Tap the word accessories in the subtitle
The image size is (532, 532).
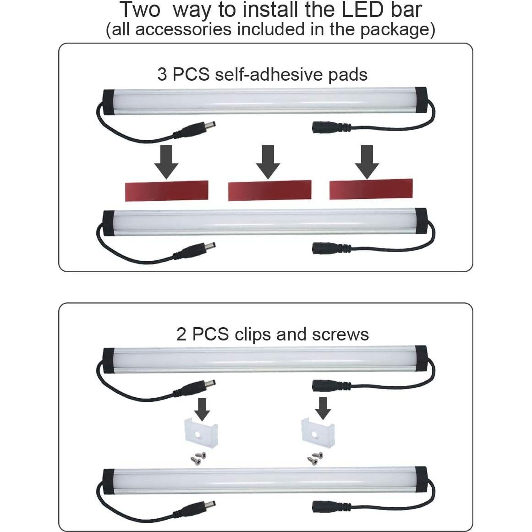(183, 29)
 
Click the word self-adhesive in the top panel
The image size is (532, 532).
(269, 74)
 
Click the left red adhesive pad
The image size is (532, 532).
(167, 191)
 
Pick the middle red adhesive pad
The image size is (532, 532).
(270, 190)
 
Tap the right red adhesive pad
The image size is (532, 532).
(371, 189)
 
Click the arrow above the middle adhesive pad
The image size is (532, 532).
(268, 162)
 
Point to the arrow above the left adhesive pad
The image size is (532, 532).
(166, 162)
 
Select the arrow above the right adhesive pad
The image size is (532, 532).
(367, 162)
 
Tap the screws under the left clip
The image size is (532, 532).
(198, 458)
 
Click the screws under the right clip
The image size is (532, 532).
(315, 458)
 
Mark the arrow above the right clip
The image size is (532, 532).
(323, 408)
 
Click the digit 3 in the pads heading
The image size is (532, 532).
(162, 74)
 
